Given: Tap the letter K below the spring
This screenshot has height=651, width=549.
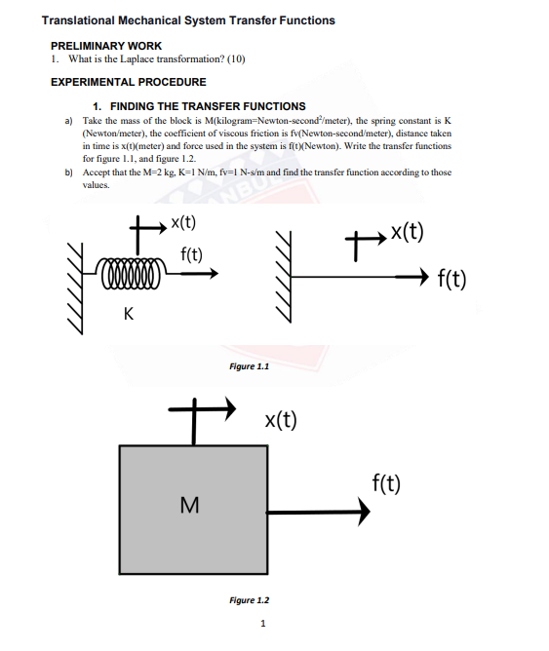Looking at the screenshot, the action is [129, 314].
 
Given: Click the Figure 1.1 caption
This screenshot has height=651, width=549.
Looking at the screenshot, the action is [249, 366].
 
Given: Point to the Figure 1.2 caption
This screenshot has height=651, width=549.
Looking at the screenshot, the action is [249, 600].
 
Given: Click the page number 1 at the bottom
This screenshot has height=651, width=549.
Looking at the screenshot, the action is [262, 624].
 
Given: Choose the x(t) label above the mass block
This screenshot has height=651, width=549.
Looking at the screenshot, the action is [281, 420].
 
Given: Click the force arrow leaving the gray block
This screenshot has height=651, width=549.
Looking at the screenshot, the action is [309, 512].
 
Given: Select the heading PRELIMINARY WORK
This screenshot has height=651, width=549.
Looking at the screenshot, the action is [106, 46].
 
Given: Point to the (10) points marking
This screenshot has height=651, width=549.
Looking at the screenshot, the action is [236, 59].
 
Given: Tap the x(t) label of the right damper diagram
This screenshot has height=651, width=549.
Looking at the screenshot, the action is [406, 231].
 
